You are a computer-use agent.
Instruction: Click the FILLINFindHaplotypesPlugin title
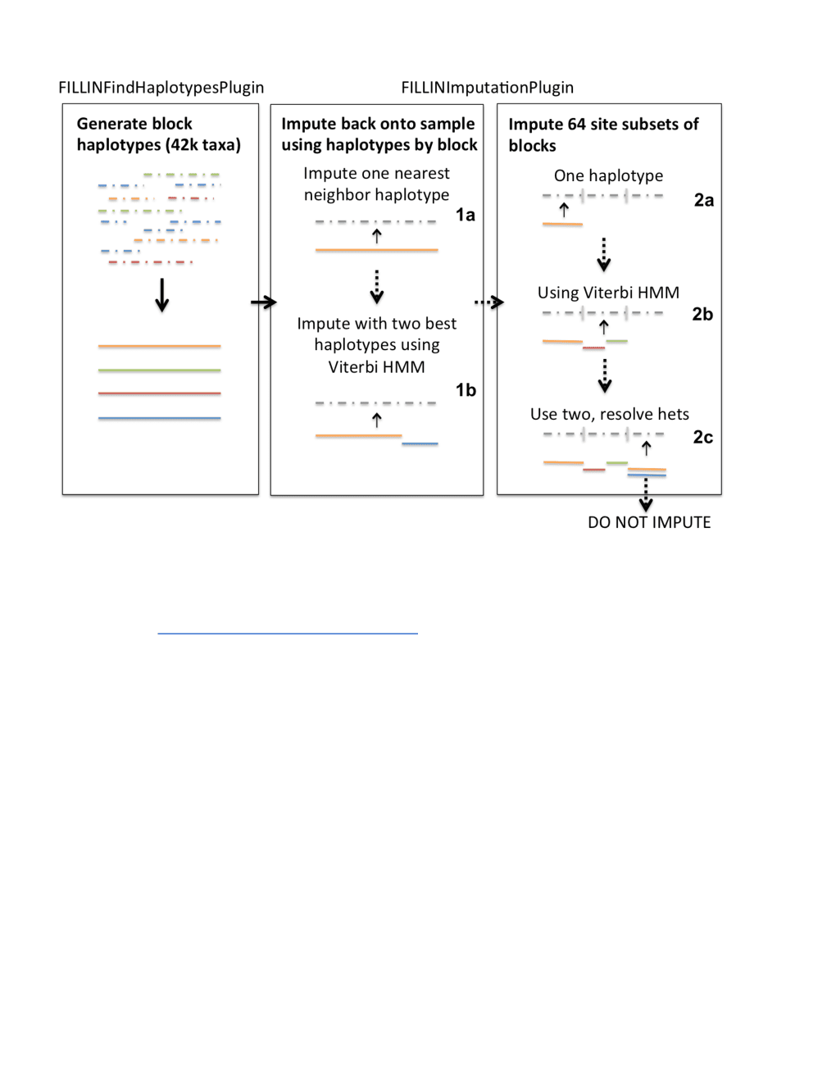click(x=161, y=88)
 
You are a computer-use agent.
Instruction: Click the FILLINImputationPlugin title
click(x=488, y=88)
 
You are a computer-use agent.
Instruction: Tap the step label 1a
click(x=466, y=215)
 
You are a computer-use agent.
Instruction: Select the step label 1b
click(x=466, y=390)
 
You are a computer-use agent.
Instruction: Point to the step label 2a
click(x=704, y=200)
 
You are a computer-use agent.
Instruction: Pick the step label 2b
click(x=702, y=314)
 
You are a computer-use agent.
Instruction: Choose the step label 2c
click(x=703, y=437)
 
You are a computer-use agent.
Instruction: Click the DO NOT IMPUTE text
click(x=649, y=522)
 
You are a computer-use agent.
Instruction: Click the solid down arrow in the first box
click(x=161, y=295)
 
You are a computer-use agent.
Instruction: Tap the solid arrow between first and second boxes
click(x=263, y=302)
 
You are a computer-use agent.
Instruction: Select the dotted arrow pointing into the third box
click(x=489, y=302)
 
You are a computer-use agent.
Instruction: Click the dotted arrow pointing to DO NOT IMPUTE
click(x=646, y=495)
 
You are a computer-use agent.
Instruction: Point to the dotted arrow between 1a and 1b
click(x=377, y=287)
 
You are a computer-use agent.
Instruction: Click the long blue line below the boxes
click(x=288, y=634)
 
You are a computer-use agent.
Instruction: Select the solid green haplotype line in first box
click(x=159, y=371)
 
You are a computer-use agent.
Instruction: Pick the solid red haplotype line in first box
click(x=159, y=393)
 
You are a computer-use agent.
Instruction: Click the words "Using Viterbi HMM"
click(x=608, y=293)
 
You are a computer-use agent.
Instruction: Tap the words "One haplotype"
click(x=608, y=175)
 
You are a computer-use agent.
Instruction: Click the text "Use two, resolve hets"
click(x=610, y=414)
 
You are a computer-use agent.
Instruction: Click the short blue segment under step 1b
click(x=420, y=443)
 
